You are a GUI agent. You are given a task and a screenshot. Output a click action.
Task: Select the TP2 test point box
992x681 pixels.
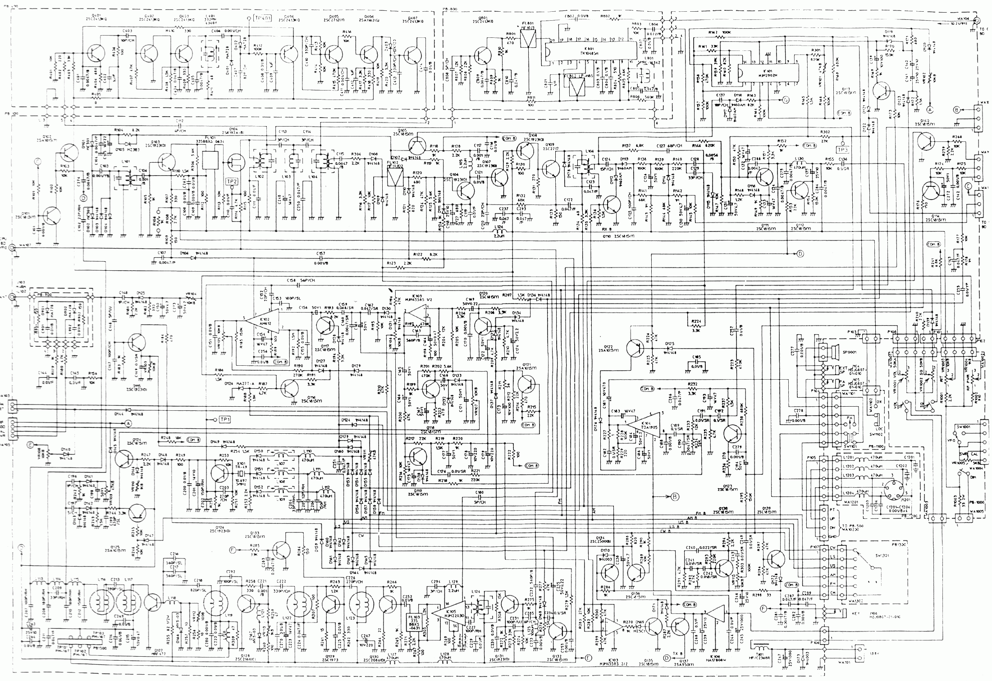231,181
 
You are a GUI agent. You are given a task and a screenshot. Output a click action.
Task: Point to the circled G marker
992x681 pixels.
785,100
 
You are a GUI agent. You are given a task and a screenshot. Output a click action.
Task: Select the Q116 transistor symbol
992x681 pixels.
291,387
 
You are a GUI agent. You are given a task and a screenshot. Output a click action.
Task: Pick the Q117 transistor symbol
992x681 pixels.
325,325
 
